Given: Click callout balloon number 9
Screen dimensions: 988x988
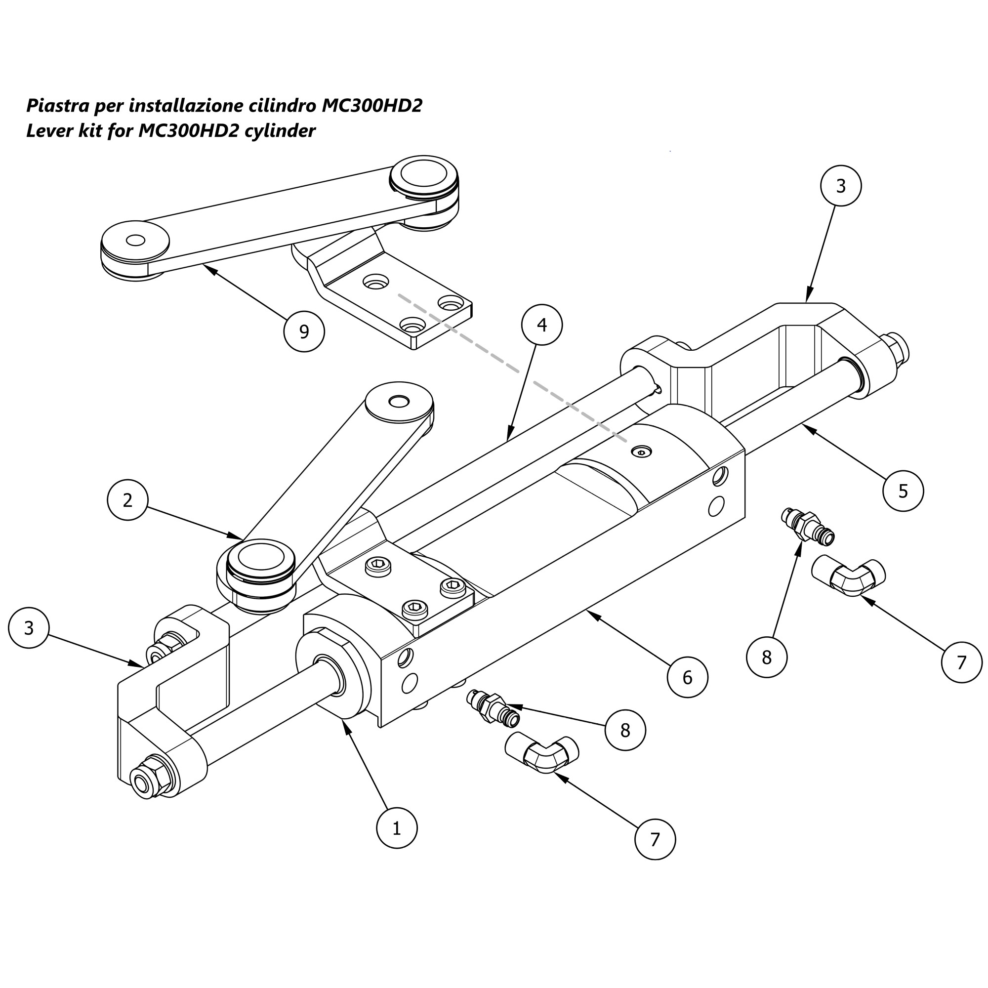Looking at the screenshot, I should coord(304,331).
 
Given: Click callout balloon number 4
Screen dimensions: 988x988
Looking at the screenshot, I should coord(541,325).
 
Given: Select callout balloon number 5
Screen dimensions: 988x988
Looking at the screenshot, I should coord(903,491).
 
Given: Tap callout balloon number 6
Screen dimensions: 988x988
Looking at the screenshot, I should coord(687,677).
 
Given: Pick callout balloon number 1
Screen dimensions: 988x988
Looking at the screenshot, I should coord(396,828).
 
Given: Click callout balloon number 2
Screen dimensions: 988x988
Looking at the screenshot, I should coord(127,499).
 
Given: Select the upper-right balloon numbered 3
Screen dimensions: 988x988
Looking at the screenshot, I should coord(841,186).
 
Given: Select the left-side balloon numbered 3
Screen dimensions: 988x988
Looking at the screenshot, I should coord(29,627).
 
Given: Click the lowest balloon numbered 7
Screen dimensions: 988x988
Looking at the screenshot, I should coord(655,839).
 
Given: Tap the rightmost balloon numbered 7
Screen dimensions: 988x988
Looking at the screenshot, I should coord(961,662).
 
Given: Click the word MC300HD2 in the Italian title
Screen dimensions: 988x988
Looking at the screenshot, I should coord(372,106).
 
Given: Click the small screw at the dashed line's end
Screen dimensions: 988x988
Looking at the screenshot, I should coord(642,451).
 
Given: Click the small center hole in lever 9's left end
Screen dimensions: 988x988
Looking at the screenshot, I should coord(135,241).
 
